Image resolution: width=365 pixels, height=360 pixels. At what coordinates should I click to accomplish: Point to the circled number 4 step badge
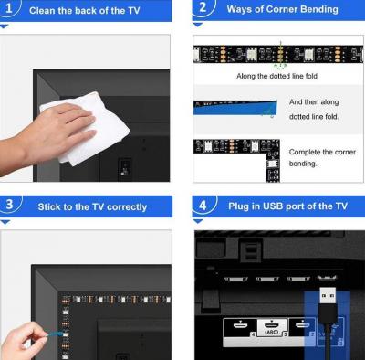pos(203,206)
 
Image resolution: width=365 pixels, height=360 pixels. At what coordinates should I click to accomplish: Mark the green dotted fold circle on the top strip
pos(281,54)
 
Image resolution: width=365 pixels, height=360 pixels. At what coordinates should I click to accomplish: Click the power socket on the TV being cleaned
pos(124,169)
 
